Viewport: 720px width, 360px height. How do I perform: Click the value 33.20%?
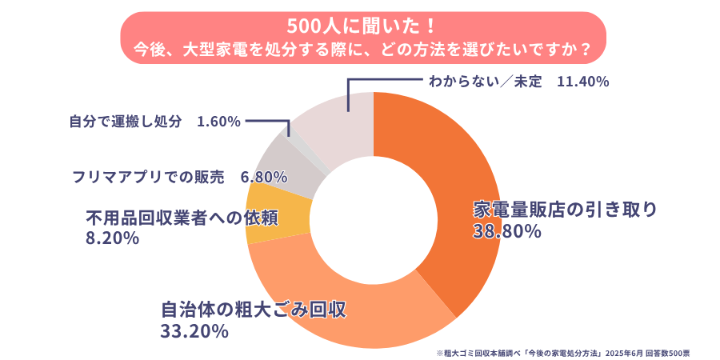click(x=195, y=330)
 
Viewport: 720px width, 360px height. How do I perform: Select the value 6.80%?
click(x=263, y=175)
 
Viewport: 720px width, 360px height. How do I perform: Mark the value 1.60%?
click(x=218, y=122)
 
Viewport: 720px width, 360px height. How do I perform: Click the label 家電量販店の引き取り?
click(x=565, y=210)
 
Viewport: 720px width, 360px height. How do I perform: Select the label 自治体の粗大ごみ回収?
click(x=254, y=310)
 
